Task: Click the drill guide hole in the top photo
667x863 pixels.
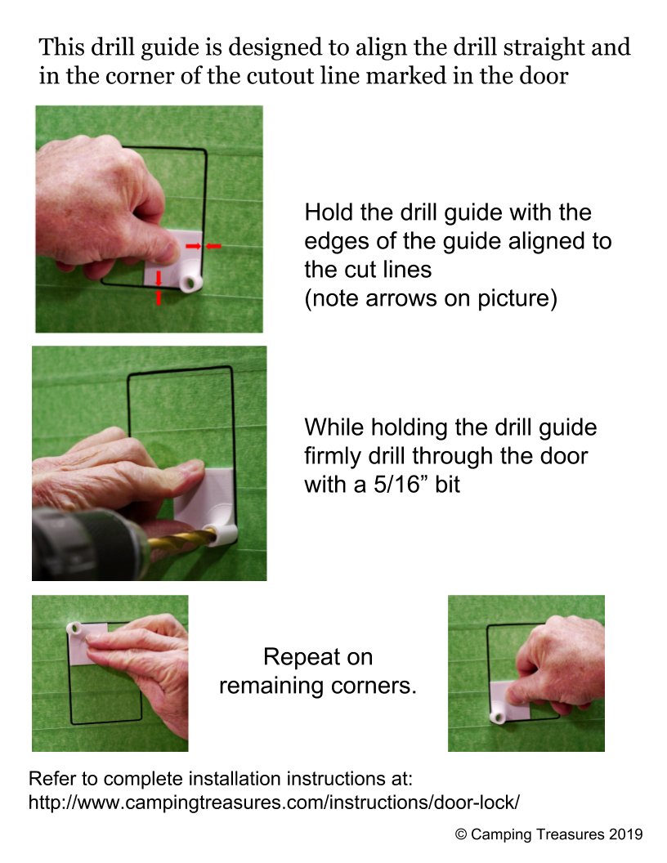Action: pos(190,283)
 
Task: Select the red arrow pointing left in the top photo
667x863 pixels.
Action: pos(214,246)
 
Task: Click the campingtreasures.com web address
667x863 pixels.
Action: pos(274,802)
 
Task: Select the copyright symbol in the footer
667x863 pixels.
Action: pos(461,834)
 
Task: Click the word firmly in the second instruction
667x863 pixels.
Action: pos(332,457)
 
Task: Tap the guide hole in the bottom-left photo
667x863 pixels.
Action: pos(74,628)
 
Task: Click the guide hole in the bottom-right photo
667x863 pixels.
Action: pos(499,718)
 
